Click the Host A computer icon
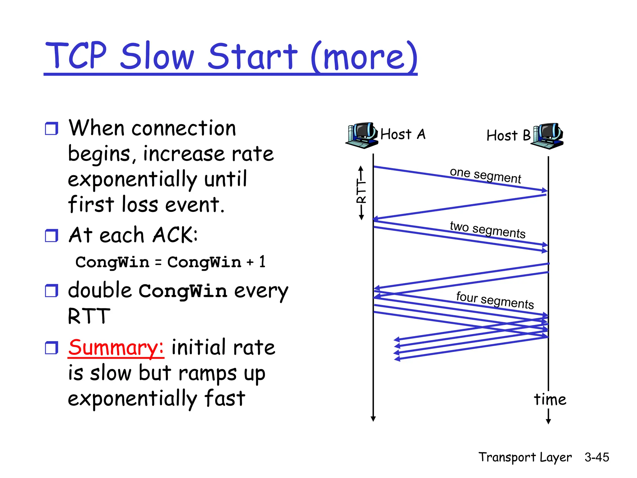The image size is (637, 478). tap(362, 135)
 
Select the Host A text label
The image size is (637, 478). tap(403, 134)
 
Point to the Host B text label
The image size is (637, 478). tap(508, 136)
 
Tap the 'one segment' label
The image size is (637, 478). tap(485, 175)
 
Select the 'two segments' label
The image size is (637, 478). tap(487, 230)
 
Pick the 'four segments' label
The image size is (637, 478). tap(495, 300)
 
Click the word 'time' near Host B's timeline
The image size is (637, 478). tap(550, 399)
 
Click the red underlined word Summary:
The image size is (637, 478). tap(116, 347)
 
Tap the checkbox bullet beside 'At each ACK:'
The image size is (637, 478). tap(51, 236)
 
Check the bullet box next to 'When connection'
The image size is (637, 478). tap(51, 129)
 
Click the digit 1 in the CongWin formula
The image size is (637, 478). tap(262, 261)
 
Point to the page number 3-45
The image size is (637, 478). tap(597, 457)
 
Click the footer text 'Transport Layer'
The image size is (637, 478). tap(525, 457)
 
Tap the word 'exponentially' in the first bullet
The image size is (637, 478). tap(132, 180)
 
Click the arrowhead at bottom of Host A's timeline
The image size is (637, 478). tap(373, 419)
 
